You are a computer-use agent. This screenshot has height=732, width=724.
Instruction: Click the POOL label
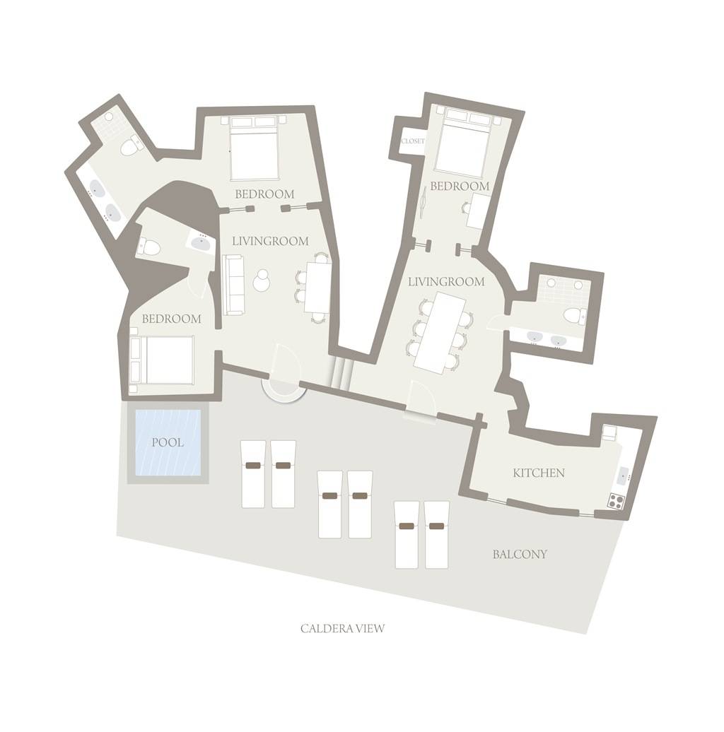(168, 442)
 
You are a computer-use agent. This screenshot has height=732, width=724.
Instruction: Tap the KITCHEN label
(539, 473)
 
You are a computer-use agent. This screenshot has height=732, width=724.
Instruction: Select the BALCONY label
(520, 554)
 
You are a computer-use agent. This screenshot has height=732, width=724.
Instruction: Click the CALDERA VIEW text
(342, 628)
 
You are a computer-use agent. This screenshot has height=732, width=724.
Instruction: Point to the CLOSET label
(413, 141)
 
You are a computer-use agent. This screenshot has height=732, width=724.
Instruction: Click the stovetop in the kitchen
(616, 501)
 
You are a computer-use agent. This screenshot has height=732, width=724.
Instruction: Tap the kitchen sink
(624, 477)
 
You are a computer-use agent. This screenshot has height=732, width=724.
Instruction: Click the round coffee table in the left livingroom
(262, 280)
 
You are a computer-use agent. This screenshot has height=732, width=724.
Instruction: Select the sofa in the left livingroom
(233, 285)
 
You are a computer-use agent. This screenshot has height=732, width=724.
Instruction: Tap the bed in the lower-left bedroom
(162, 360)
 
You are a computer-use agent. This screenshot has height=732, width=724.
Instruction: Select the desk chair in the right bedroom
(465, 207)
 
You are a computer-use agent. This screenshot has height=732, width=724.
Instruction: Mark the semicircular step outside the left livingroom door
(284, 389)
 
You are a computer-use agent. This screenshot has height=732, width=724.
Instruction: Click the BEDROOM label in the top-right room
(460, 187)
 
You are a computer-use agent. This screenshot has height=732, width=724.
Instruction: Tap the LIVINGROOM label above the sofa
(271, 242)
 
